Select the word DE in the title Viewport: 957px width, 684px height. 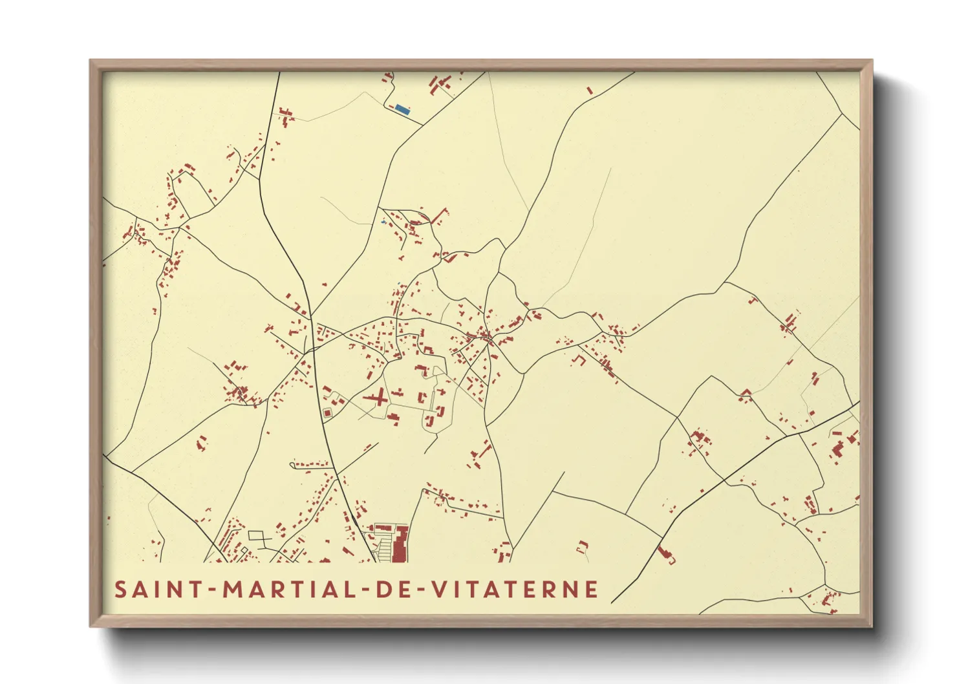pos(392,590)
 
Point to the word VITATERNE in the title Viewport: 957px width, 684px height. pos(515,590)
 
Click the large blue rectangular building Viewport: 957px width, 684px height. pos(402,109)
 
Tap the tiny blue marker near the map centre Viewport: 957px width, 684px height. pos(384,222)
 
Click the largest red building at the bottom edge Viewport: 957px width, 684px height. pos(400,544)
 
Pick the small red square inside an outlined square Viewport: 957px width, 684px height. pos(327,412)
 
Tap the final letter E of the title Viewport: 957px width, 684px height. pos(590,590)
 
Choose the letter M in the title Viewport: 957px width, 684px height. pos(233,590)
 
